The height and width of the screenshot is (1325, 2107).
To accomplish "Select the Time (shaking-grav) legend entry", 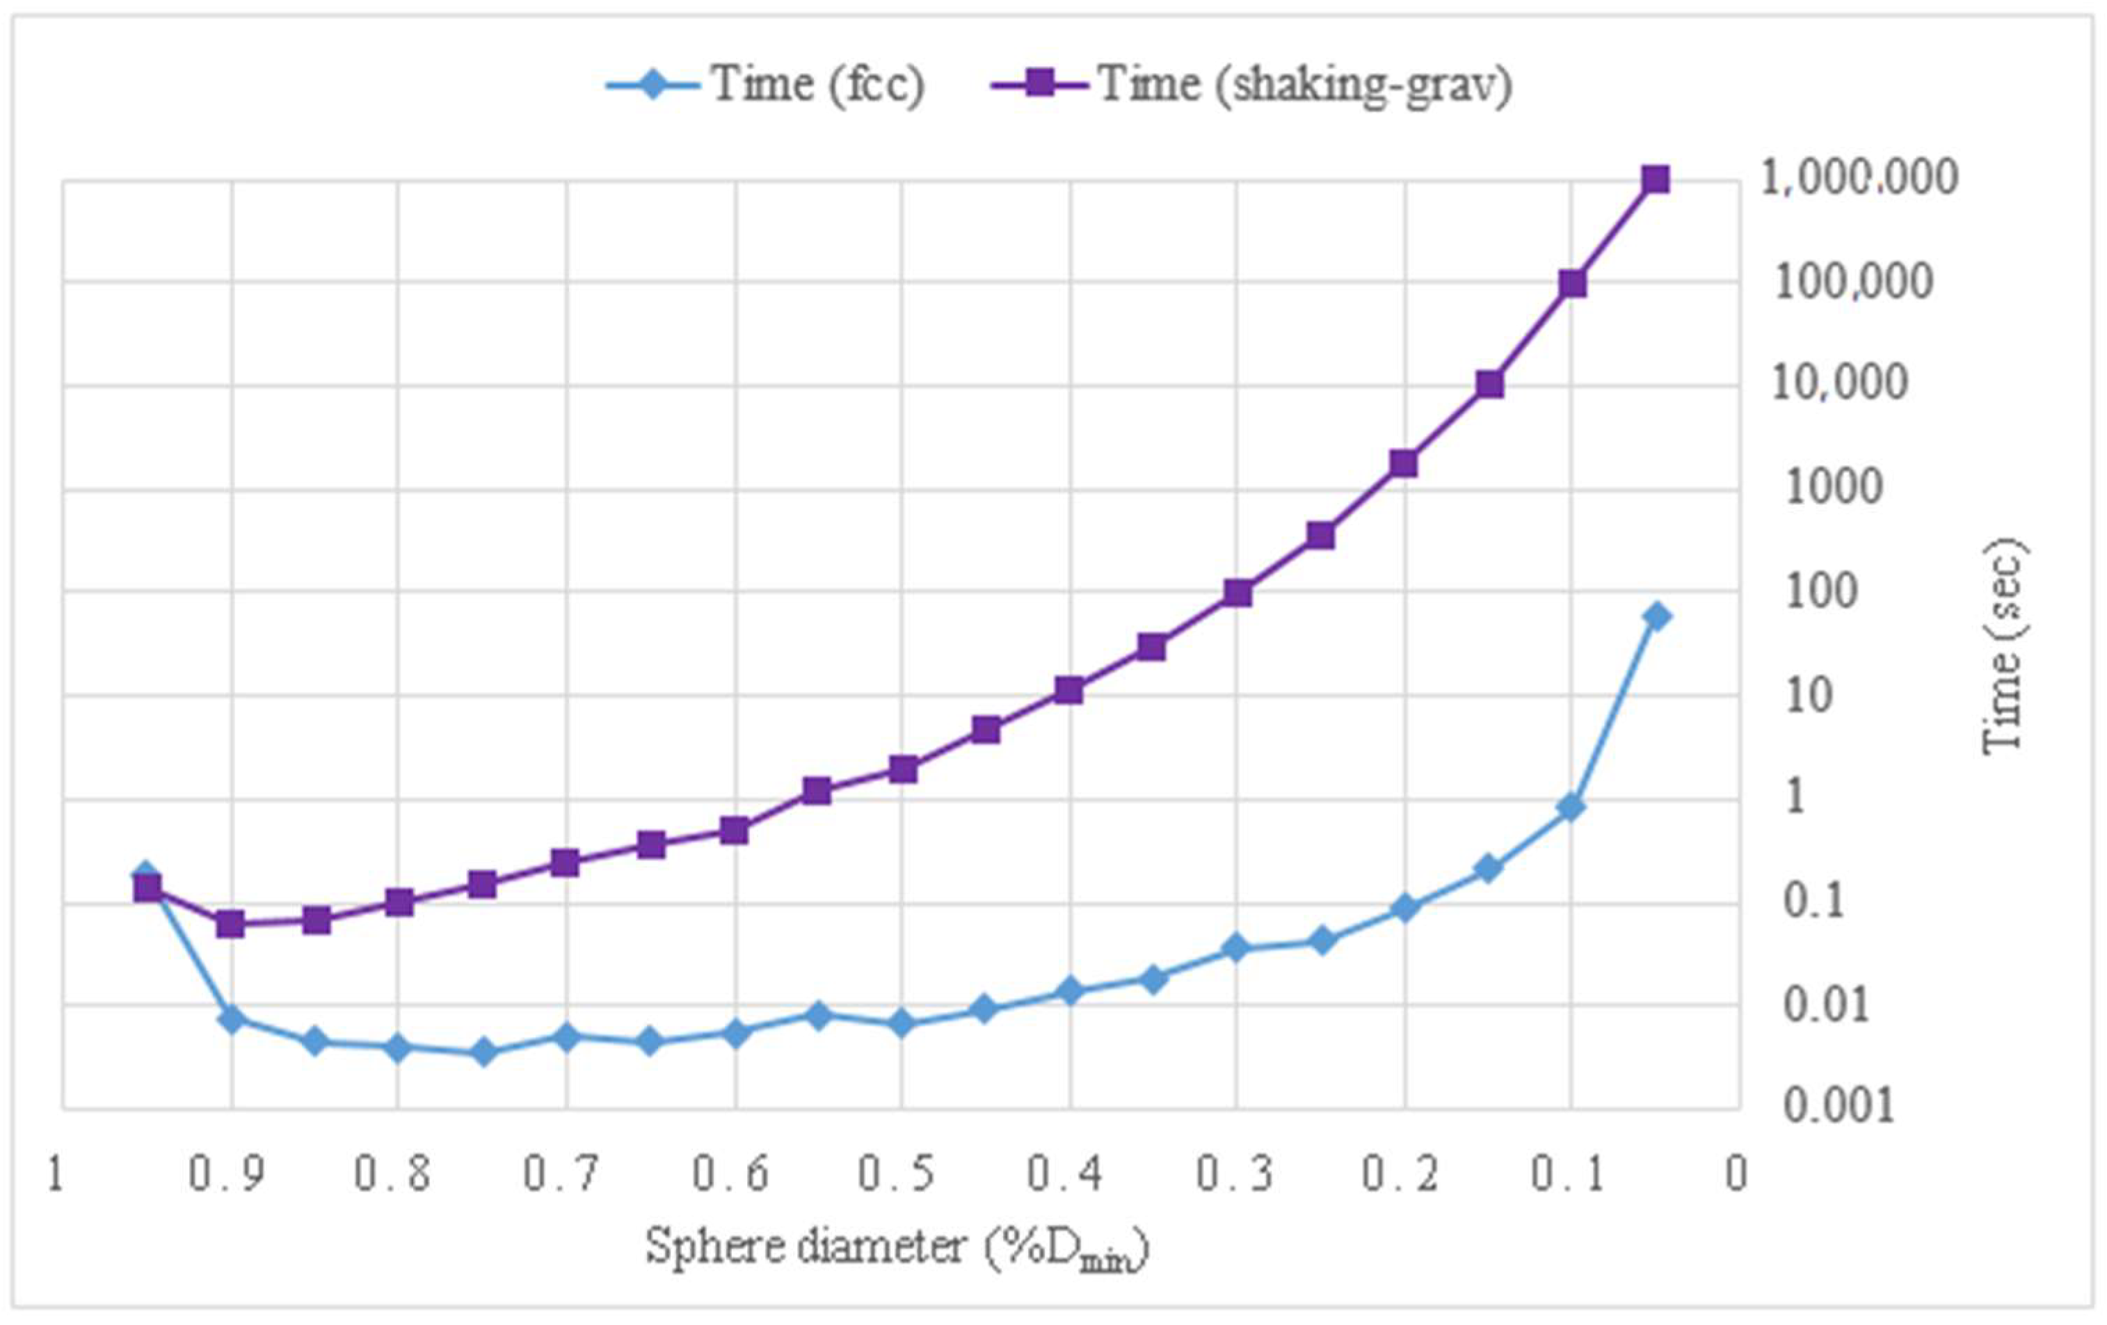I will (1251, 85).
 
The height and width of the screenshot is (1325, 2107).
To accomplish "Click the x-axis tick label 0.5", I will (897, 1175).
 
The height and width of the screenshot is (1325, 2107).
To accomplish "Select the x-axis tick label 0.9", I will (227, 1175).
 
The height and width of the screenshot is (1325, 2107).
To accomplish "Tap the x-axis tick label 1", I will (55, 1175).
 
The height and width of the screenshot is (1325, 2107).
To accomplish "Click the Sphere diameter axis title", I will (897, 1247).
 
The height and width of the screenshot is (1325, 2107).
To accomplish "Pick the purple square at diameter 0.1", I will (1572, 284).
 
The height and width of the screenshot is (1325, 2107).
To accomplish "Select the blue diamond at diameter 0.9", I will (231, 1019).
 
